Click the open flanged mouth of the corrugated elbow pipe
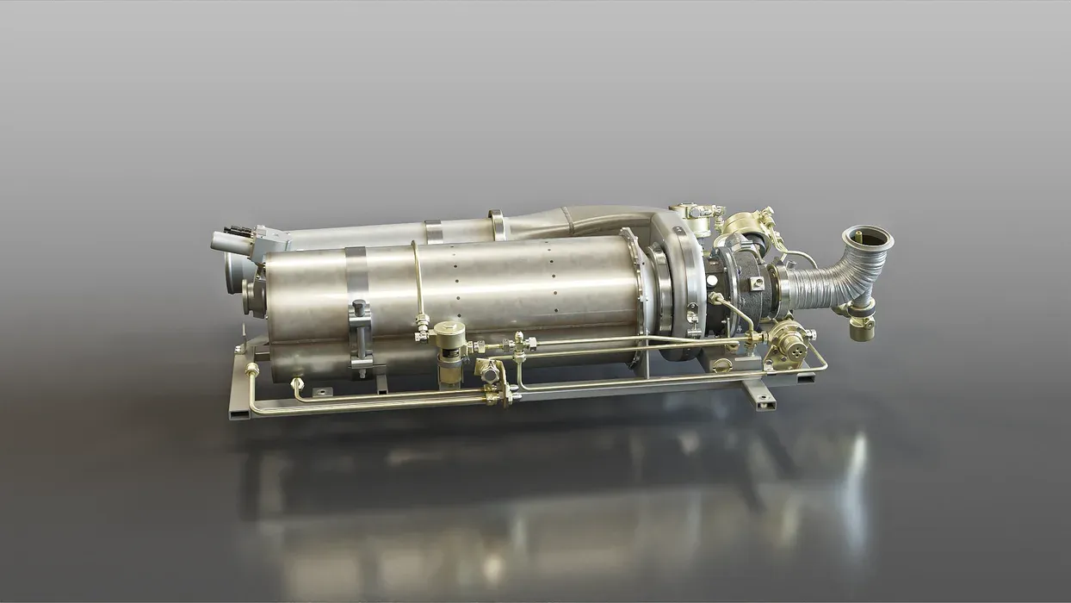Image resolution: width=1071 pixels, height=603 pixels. [867, 237]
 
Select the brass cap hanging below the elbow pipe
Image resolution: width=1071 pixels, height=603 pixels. [860, 326]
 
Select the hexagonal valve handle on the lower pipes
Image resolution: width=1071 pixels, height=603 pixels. [488, 371]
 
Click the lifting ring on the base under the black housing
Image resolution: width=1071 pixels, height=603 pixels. [721, 365]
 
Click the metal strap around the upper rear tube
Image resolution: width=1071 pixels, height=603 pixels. [433, 230]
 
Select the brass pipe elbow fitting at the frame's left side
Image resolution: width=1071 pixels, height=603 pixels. [252, 370]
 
